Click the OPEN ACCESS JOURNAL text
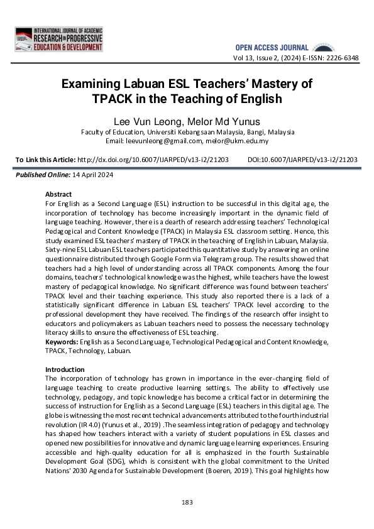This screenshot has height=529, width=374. coord(272,48)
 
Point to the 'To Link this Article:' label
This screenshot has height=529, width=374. coord(45,160)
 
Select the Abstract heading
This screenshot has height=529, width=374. coord(58,195)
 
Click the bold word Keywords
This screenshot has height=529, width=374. coord(62,342)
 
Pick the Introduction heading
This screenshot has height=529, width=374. coord(65,369)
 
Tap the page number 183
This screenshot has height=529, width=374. coord(187,502)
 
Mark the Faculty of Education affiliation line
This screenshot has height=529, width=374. coord(187,132)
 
